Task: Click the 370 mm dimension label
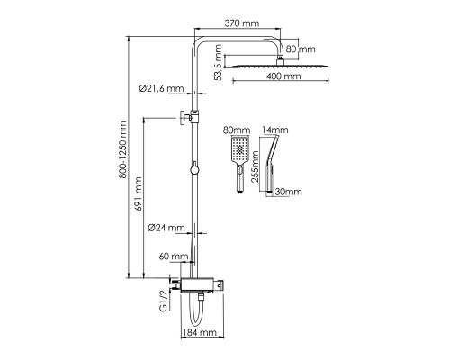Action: pos(242,22)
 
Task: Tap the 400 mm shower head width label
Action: pos(283,76)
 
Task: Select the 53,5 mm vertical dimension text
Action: pos(219,63)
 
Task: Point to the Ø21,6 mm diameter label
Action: pos(161,88)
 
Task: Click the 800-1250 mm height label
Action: pos(122,150)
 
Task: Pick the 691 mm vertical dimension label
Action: pos(138,194)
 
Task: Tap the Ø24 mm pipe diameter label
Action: pos(166,228)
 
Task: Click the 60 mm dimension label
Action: pos(174,256)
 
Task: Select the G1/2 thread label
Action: pos(163,301)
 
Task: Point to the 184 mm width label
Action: pos(200,332)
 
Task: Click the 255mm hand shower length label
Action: pos(255,166)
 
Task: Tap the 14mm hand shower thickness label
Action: pos(275,130)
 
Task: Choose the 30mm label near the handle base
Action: pos(288,192)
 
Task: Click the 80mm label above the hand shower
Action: pos(237,130)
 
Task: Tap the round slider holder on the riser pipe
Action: pos(194,170)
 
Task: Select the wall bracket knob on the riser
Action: pos(183,118)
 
